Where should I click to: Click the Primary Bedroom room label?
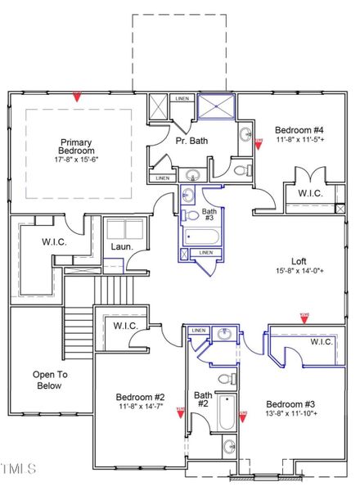(x=76, y=146)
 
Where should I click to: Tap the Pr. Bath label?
(x=191, y=141)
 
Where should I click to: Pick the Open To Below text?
(x=48, y=381)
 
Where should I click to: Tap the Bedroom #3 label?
(x=290, y=404)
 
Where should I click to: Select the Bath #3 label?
(x=209, y=214)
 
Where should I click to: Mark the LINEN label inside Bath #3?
(x=205, y=253)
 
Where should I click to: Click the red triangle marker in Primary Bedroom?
(x=76, y=97)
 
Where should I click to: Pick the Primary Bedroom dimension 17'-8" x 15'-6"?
(x=76, y=159)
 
